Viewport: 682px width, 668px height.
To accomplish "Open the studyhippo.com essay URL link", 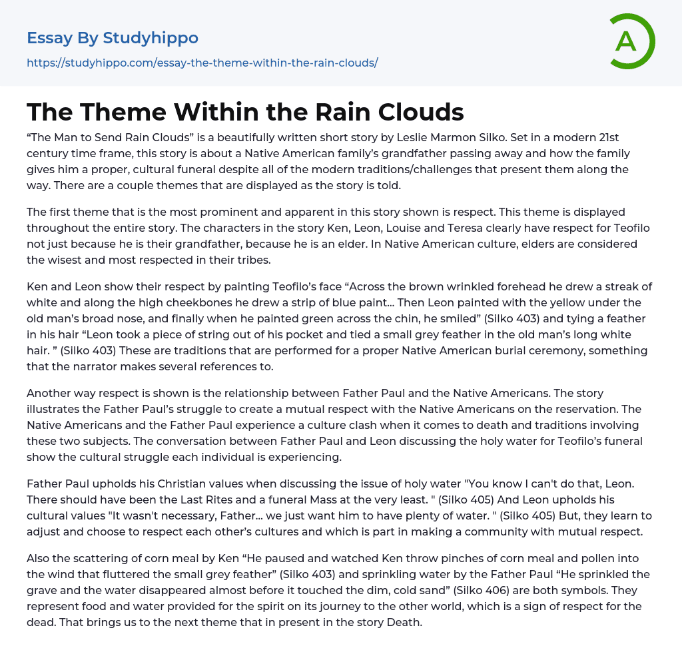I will click(202, 63).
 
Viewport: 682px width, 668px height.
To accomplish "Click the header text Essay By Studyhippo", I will click(113, 38).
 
